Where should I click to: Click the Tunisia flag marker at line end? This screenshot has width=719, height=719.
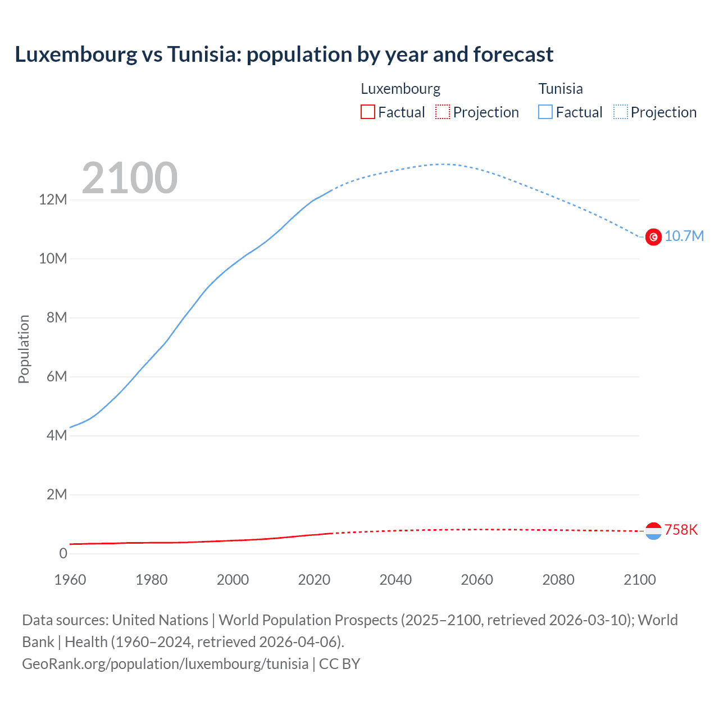(x=653, y=237)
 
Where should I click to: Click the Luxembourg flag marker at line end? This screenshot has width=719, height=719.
(x=653, y=531)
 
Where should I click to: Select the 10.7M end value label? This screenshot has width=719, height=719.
(x=684, y=236)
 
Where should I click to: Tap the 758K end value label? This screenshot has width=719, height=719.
(x=681, y=530)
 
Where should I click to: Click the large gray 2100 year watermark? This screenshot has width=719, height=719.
(x=130, y=178)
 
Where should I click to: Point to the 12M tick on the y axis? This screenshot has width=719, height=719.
(x=53, y=200)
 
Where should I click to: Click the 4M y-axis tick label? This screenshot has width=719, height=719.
(x=56, y=435)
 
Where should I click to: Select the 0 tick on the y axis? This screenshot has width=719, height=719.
(x=63, y=553)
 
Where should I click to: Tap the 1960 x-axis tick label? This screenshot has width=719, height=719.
(x=70, y=580)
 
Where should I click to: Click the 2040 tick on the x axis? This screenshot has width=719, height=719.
(x=395, y=580)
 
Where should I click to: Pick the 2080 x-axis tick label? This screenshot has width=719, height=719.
(x=558, y=580)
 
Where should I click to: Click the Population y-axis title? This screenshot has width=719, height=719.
(x=24, y=349)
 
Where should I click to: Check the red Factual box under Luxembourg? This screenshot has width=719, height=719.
(x=368, y=112)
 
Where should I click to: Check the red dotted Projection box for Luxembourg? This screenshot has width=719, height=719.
(x=443, y=112)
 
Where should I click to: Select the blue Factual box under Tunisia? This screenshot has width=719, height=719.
(x=545, y=112)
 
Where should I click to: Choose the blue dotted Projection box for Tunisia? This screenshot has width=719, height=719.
(x=621, y=112)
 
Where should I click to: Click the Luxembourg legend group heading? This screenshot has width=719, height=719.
(x=401, y=89)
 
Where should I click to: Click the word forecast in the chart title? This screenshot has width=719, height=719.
(x=513, y=54)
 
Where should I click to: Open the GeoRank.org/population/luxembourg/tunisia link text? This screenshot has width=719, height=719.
(x=165, y=664)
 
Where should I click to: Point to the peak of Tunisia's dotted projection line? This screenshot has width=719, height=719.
(x=444, y=164)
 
